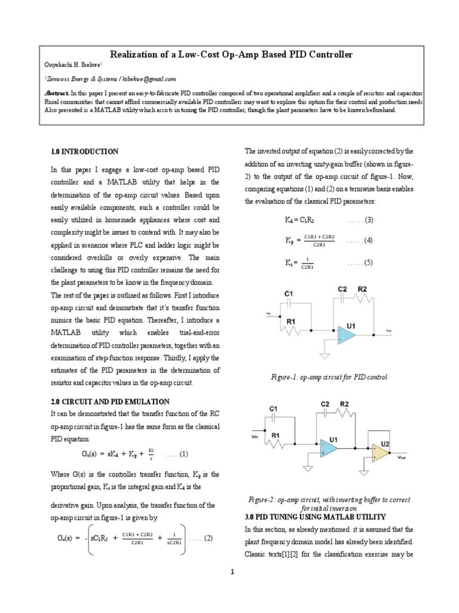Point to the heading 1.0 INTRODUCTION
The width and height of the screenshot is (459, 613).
pyautogui.click(x=84, y=151)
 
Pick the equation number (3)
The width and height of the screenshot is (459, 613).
pyautogui.click(x=367, y=220)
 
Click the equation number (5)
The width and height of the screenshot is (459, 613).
pyautogui.click(x=367, y=262)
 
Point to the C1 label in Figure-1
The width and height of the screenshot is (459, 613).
pyautogui.click(x=288, y=294)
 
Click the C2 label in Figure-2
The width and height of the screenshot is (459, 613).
pyautogui.click(x=326, y=405)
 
